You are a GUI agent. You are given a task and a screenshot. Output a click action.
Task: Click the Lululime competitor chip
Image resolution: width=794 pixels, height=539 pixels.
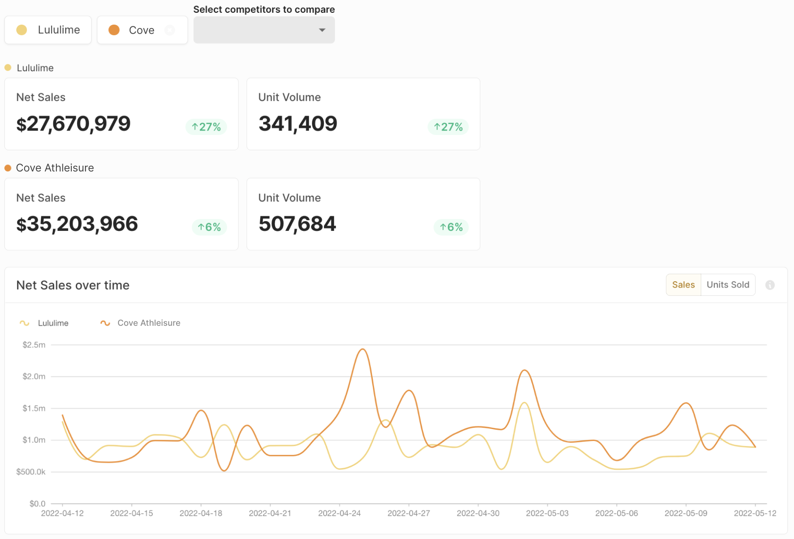tap(48, 30)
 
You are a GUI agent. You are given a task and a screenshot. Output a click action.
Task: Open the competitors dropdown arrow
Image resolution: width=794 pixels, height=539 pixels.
tap(322, 30)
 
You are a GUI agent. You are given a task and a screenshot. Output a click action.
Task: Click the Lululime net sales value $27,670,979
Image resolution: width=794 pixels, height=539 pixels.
tap(74, 124)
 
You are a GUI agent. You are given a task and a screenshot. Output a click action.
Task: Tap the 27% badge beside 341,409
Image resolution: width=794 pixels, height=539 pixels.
tap(448, 127)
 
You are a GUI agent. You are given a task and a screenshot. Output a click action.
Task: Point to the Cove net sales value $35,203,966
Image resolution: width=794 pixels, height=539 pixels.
tap(77, 224)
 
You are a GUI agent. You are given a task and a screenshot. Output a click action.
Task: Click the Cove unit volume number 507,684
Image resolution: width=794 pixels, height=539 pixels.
tap(298, 224)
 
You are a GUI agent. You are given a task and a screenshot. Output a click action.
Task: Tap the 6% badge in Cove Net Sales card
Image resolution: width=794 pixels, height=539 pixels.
tap(209, 227)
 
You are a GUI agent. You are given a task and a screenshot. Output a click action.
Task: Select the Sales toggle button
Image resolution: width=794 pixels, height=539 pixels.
tap(683, 285)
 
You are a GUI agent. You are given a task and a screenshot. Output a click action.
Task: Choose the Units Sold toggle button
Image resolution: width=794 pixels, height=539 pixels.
tap(728, 285)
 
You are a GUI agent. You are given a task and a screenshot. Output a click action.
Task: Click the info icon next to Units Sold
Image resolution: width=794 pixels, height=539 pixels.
tap(770, 285)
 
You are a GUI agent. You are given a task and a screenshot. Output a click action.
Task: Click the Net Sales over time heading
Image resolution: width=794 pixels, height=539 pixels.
tap(73, 285)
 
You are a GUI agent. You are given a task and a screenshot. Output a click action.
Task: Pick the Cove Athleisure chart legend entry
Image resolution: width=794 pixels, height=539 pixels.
tap(141, 323)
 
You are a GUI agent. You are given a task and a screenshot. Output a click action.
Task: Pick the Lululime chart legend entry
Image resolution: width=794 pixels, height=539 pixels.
tap(44, 323)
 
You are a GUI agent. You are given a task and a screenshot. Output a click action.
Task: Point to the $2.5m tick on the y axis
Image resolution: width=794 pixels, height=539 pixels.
tap(34, 345)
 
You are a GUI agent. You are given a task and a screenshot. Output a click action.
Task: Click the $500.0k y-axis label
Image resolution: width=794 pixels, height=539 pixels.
tap(31, 472)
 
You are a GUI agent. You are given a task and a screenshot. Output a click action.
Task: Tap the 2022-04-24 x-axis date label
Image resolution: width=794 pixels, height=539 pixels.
tap(339, 514)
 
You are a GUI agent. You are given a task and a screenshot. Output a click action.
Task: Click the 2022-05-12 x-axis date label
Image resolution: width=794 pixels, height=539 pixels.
tap(755, 514)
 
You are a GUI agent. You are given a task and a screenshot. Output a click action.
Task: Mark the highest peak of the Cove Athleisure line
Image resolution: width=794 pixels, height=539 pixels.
tap(363, 349)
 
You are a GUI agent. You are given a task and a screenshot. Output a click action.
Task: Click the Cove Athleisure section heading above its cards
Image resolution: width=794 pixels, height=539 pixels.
tap(55, 168)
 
